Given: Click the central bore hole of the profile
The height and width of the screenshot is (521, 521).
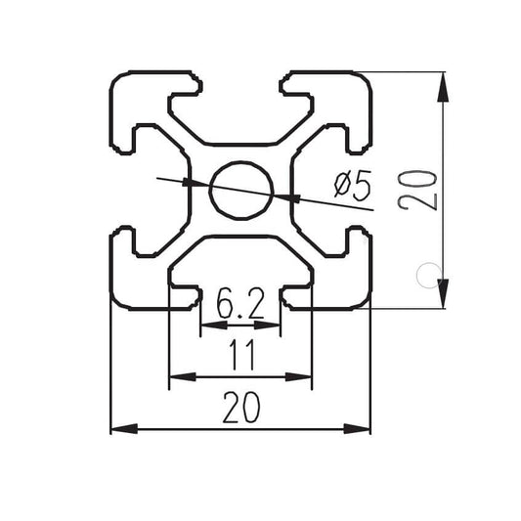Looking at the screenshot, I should pos(240,190).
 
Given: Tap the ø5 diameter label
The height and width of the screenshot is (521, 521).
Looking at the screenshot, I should pos(352,185).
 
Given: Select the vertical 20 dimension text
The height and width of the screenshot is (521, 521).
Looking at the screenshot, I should pos(416,189).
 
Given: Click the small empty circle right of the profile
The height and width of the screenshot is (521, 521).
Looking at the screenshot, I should pos(426,275).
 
